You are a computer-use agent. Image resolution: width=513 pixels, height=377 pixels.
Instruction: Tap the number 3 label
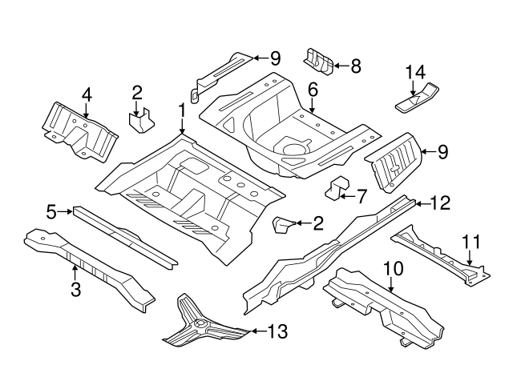75,290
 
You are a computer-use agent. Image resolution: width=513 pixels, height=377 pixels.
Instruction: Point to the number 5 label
50,212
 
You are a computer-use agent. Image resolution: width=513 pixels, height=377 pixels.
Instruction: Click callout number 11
471,240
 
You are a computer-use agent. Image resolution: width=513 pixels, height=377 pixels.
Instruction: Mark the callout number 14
414,72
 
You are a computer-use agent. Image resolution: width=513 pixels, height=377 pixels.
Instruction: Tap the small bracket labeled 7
337,186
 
